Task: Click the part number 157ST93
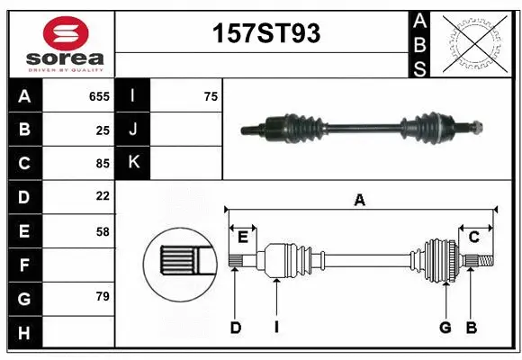coord(265,34)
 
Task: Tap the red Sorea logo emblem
coord(67,33)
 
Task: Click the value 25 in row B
coord(102,130)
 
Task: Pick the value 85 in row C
coord(102,164)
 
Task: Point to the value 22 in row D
coord(102,195)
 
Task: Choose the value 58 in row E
coord(102,231)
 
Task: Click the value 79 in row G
coord(102,296)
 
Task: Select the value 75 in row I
coord(211,96)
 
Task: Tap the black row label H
coord(24,334)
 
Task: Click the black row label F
coord(24,265)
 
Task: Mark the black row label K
coord(134,163)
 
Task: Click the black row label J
coord(134,130)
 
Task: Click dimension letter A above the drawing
coord(360,201)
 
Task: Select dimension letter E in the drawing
coord(243,237)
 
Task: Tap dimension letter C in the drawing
coord(473,237)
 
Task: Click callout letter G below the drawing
coord(445,328)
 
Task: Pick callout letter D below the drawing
coord(236,328)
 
